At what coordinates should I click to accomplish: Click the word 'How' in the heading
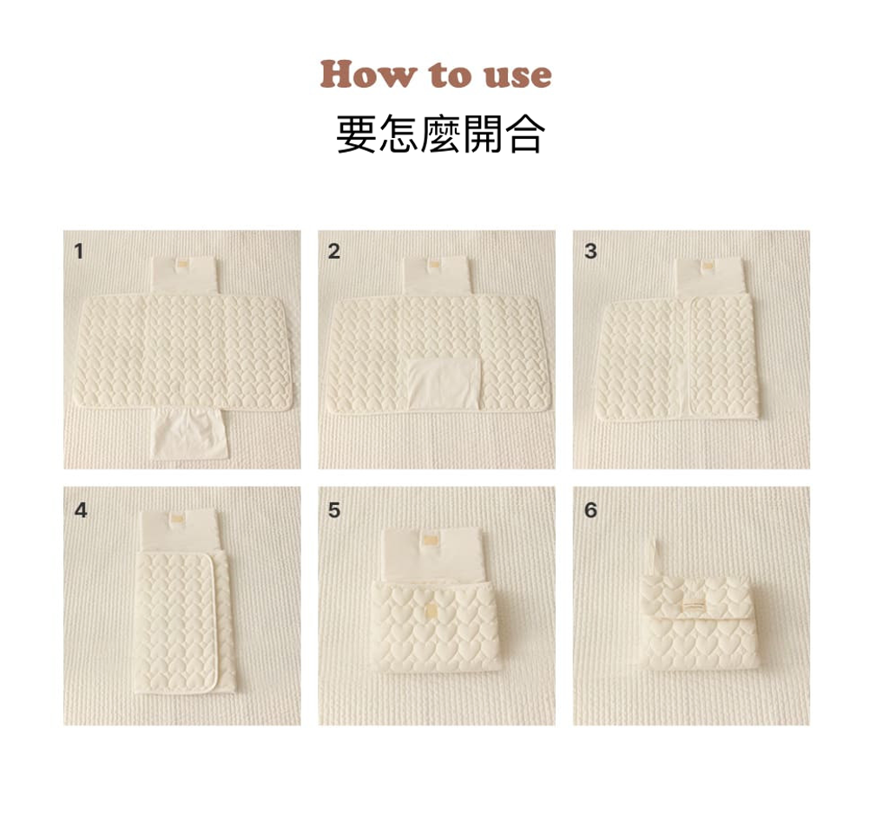(368, 75)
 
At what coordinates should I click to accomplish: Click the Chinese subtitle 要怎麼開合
(440, 134)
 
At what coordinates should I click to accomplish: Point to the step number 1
(79, 251)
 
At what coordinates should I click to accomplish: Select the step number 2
(334, 251)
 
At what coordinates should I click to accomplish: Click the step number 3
(590, 251)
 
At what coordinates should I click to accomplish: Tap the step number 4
(81, 510)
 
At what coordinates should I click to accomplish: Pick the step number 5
(334, 510)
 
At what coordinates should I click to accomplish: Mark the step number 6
(590, 510)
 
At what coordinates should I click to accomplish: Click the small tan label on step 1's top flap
(182, 264)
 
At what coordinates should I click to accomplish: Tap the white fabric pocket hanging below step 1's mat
(190, 433)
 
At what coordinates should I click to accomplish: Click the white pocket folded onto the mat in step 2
(444, 383)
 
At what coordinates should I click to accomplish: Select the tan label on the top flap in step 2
(435, 264)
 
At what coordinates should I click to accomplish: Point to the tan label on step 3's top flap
(708, 266)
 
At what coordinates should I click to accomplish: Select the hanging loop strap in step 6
(652, 558)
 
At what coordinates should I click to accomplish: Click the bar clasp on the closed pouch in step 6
(696, 606)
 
